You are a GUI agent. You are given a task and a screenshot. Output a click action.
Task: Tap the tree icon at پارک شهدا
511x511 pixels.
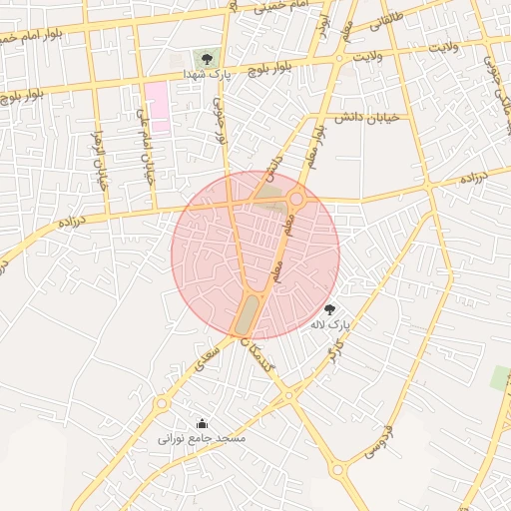207,59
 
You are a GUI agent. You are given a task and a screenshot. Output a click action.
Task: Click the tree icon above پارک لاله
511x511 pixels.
330,310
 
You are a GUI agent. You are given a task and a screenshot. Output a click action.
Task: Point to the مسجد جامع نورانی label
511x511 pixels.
202,437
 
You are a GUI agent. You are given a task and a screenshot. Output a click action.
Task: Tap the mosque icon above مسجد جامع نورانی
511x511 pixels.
202,423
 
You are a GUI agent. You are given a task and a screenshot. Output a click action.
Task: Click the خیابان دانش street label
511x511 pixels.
366,118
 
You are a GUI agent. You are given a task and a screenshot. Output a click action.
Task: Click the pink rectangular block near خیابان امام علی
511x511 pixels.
157,106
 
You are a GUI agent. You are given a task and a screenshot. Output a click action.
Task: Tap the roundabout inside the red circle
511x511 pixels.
296,201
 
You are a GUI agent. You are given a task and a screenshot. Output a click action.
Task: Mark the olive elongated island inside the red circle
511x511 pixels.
245,314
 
